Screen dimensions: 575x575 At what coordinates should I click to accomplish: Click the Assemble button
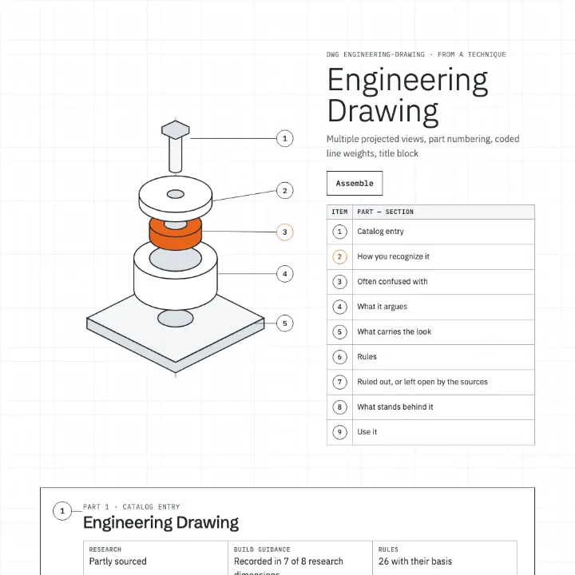[x=355, y=183]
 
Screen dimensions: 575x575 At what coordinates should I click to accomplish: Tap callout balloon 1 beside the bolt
[x=284, y=139]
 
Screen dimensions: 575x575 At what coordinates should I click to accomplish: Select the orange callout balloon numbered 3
[x=284, y=232]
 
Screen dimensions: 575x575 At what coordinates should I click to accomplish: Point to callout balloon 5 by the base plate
[x=284, y=323]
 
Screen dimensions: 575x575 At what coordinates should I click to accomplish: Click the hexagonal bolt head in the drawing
[x=175, y=130]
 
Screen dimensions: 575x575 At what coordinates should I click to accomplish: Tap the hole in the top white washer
[x=175, y=194]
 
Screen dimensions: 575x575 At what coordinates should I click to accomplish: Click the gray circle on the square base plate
[x=175, y=318]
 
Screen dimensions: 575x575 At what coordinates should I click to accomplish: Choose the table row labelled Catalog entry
[x=430, y=232]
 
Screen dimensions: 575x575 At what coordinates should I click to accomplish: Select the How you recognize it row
[x=430, y=256]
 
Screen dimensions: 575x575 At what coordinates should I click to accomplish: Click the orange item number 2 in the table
[x=339, y=256]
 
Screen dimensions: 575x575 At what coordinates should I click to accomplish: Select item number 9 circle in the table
[x=339, y=432]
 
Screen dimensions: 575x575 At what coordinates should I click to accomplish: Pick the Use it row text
[x=367, y=432]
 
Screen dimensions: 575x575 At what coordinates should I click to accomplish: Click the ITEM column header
[x=339, y=212]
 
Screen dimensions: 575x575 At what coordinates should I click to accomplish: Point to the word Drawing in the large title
[x=383, y=112]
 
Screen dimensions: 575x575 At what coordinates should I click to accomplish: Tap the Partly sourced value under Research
[x=117, y=561]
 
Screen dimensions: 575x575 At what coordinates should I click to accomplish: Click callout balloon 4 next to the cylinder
[x=284, y=274]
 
